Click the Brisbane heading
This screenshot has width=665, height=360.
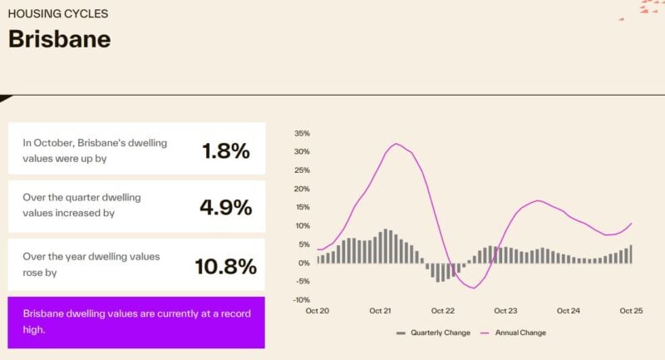coord(59,39)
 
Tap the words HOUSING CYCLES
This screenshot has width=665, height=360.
coord(57,13)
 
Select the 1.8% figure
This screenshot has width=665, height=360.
coord(225,150)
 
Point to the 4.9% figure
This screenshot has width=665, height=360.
coord(225,207)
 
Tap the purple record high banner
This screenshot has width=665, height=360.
coord(136,322)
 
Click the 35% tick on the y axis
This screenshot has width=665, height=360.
coord(302,133)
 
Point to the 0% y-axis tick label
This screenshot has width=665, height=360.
coord(304,263)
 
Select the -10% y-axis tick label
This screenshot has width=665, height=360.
coord(301,299)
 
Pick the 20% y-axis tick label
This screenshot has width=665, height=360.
coord(302,189)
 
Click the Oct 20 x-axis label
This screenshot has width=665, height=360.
coord(318,311)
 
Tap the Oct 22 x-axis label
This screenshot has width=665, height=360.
coord(443,311)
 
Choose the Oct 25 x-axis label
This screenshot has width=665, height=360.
coord(632,311)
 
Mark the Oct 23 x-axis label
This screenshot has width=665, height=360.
coord(506,311)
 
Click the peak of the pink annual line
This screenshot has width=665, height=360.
coord(397,144)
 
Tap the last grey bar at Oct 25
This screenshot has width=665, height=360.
coord(631,254)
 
